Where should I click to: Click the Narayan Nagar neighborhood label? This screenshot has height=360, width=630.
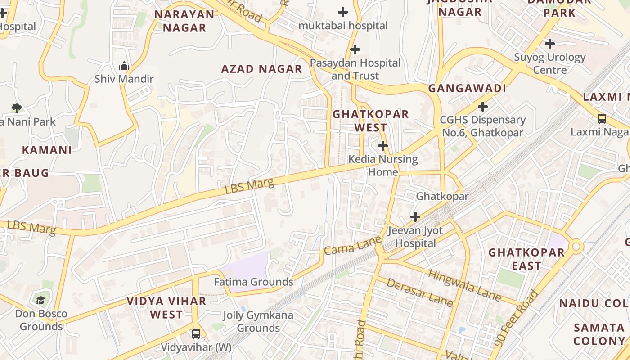(x=184, y=21)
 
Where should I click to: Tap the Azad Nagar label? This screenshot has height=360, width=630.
(x=261, y=69)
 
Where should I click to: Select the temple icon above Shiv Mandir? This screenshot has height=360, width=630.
(x=124, y=66)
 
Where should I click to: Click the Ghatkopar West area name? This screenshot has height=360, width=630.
(x=370, y=121)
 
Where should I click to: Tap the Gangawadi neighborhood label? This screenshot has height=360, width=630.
(x=467, y=88)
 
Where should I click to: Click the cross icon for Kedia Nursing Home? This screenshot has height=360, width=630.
(x=383, y=146)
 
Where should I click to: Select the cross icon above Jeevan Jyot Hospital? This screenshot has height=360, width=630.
(x=415, y=217)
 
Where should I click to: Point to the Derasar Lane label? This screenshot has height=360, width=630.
(x=419, y=292)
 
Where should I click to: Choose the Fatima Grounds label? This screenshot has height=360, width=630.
(x=253, y=282)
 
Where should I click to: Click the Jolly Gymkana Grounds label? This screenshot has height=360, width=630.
(x=258, y=321)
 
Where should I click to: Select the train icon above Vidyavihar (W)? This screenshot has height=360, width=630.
(x=196, y=333)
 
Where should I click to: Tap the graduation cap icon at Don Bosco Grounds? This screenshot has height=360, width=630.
(x=41, y=300)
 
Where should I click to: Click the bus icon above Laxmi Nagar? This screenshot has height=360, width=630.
(x=602, y=119)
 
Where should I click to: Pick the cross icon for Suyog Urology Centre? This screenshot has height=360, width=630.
(x=549, y=44)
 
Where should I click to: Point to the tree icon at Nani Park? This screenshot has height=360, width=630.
(x=17, y=108)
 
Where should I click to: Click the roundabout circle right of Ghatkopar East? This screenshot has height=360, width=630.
(x=576, y=246)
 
